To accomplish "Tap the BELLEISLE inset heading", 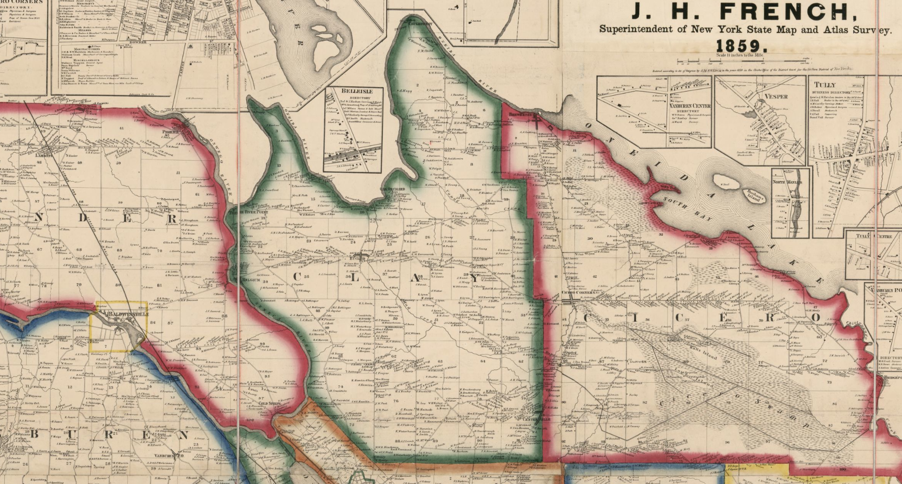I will [357, 91].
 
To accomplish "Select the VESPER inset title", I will [776, 97].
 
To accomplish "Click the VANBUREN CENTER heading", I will [690, 106].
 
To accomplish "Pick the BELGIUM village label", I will [251, 280].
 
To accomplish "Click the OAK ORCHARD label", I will [392, 189].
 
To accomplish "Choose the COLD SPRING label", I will [269, 403].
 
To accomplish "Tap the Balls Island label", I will [703, 353].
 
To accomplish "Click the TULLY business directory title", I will [824, 85].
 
